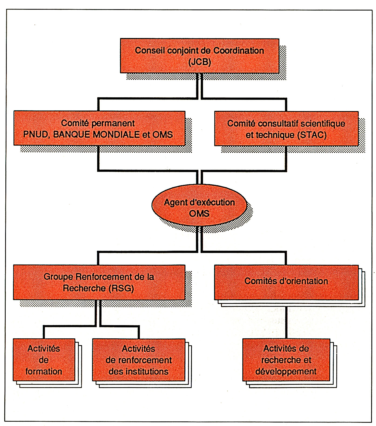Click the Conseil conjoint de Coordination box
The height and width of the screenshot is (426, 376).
click(x=199, y=56)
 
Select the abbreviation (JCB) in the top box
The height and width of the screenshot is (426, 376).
click(x=199, y=62)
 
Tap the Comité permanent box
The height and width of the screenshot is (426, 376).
click(x=99, y=128)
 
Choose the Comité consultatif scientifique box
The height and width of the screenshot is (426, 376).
click(x=286, y=129)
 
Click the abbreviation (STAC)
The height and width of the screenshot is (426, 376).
click(x=312, y=135)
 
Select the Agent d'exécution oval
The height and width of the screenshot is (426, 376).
click(x=199, y=205)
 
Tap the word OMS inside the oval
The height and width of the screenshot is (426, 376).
click(x=199, y=214)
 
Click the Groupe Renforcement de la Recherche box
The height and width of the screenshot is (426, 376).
click(x=99, y=282)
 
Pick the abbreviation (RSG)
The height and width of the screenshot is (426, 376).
click(x=121, y=288)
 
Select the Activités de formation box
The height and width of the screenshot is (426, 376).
click(x=44, y=360)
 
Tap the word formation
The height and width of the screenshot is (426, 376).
click(x=44, y=372)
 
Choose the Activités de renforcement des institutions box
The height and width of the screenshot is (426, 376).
click(x=139, y=360)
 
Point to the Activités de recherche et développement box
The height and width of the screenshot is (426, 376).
click(x=286, y=360)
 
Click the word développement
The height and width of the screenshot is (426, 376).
click(x=286, y=372)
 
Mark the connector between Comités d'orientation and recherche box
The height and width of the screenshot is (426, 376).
click(x=286, y=319)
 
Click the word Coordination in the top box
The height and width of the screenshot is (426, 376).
click(x=239, y=51)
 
